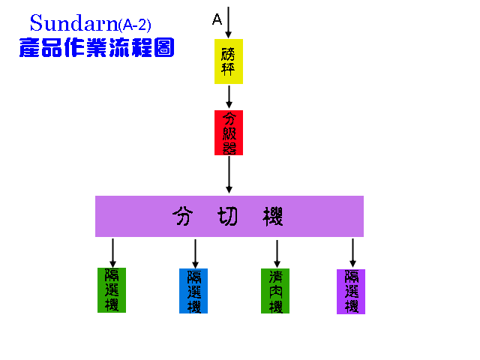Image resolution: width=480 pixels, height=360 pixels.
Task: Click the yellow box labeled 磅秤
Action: click(229, 61)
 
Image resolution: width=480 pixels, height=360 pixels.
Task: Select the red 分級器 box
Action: click(229, 133)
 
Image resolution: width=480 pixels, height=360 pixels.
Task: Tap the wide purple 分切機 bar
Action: click(229, 216)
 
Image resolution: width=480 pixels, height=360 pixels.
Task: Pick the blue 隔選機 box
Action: click(194, 290)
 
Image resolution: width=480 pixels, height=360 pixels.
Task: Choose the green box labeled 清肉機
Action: click(275, 290)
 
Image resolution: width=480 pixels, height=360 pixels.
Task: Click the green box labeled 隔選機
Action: click(112, 289)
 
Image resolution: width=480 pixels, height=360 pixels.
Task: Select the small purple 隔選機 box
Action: click(351, 291)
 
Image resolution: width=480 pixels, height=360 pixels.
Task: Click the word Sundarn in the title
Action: click(73, 23)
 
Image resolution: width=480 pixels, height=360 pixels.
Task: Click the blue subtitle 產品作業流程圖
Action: click(97, 47)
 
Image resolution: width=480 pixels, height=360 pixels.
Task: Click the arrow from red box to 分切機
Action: click(229, 175)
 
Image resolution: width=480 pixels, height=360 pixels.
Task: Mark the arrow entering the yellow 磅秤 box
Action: click(229, 22)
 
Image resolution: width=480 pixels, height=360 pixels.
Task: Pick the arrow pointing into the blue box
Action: click(195, 253)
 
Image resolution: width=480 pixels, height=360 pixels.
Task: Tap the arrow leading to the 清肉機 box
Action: click(277, 253)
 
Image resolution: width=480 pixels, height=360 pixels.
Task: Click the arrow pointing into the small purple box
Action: click(352, 253)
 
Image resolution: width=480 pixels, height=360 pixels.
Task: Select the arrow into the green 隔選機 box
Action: click(112, 252)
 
